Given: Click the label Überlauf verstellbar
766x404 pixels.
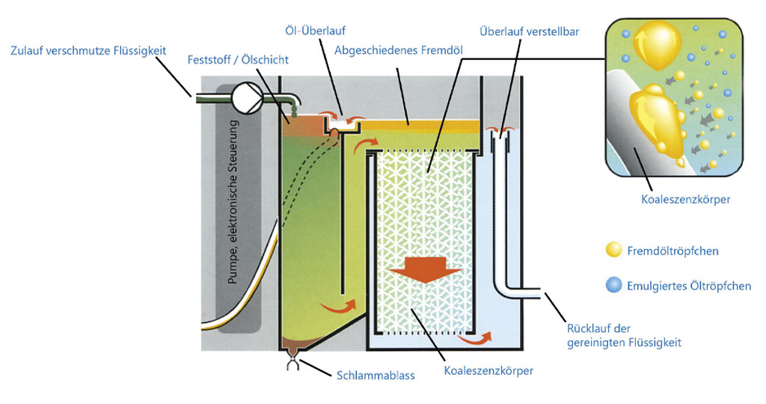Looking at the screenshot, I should (x=529, y=31).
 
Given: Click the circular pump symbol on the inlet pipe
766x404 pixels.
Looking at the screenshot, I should (x=248, y=97).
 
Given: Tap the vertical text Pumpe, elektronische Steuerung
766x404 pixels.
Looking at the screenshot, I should (x=236, y=201).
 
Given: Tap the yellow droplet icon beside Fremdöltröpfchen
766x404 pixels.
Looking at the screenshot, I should (x=613, y=250).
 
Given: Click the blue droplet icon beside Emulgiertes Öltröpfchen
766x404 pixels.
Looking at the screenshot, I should (x=613, y=285).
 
